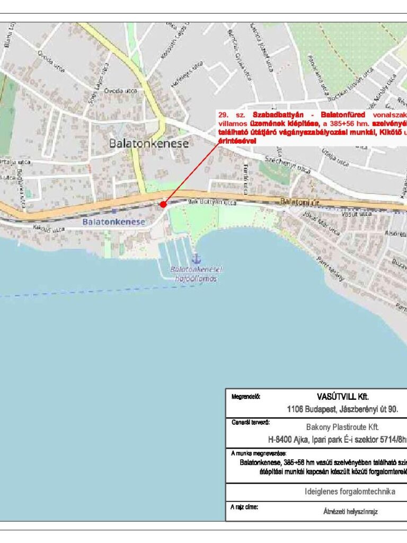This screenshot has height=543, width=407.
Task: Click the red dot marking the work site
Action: point(163,204)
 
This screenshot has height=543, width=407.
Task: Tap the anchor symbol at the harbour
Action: point(197,259)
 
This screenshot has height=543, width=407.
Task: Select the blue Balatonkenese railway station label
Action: point(113,222)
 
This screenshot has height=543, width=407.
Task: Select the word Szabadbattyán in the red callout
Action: point(277,115)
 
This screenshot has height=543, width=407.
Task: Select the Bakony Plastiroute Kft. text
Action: point(342,426)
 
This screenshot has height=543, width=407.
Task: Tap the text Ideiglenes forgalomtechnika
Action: point(350,492)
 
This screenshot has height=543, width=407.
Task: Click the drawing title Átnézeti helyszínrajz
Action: point(350,512)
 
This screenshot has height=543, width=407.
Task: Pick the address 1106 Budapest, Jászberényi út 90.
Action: point(342,409)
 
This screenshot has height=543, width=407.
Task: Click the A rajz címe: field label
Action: point(244,507)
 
